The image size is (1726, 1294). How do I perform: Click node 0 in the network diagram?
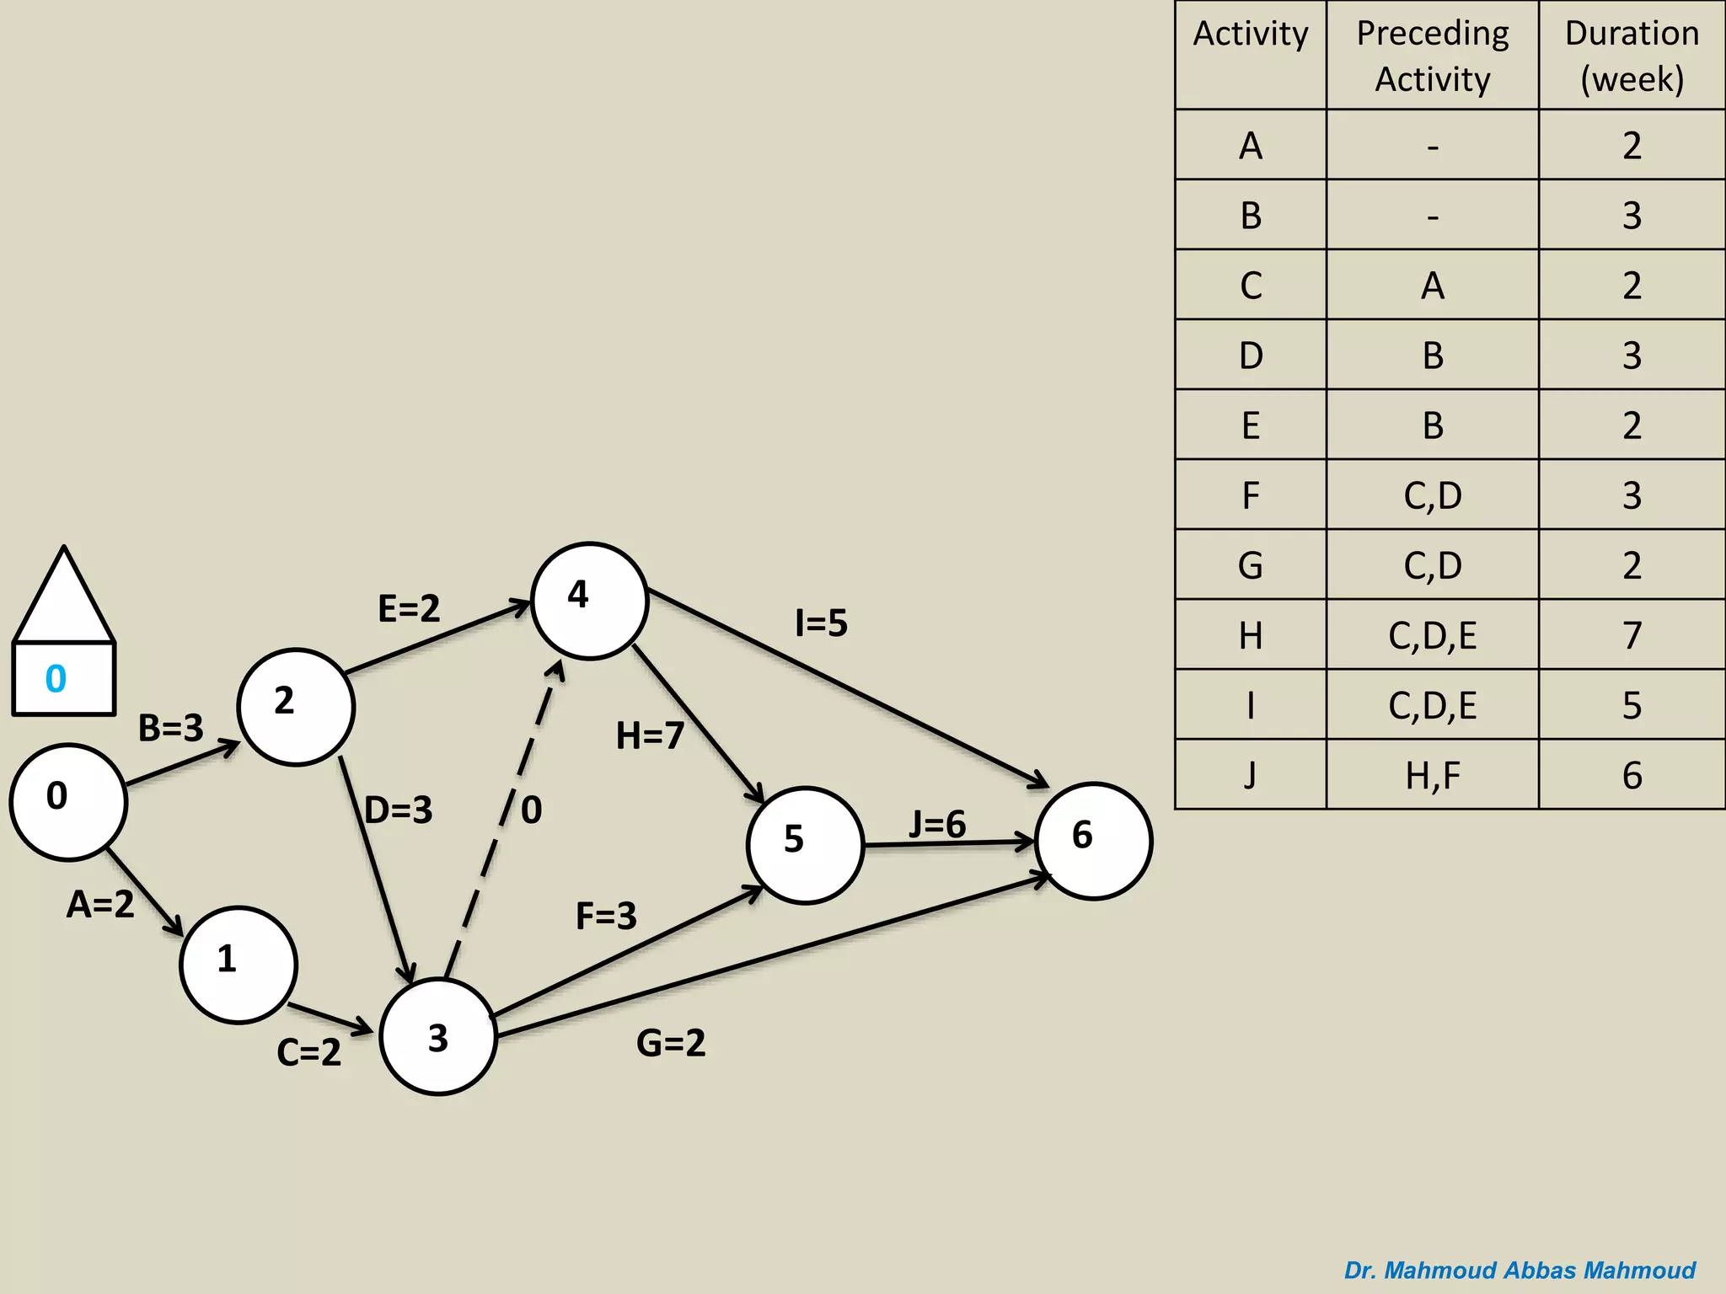pos(68,801)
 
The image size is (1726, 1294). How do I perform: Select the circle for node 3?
pos(438,1036)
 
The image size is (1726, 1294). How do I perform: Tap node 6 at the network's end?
pos(1094,841)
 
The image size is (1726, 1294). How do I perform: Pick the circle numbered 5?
pos(805,845)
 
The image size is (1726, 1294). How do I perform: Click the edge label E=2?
pos(409,608)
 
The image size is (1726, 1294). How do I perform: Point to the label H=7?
pos(650,735)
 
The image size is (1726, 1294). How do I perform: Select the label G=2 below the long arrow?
pos(671,1043)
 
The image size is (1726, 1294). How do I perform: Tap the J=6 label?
pos(937,824)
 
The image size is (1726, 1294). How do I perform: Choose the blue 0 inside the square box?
pos(56,678)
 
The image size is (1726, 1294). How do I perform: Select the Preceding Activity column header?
pos(1433,56)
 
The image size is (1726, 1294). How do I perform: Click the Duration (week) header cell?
pos(1632,56)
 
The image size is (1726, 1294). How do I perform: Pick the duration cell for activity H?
pos(1632,635)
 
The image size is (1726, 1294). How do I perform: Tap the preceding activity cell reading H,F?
pos(1433,775)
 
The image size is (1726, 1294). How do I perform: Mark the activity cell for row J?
pos(1251,775)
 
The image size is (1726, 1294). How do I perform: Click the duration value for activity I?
pos(1632,705)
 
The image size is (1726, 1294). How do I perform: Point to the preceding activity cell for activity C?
pos(1433,286)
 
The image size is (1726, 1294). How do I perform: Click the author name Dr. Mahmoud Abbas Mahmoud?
pos(1520,1270)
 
